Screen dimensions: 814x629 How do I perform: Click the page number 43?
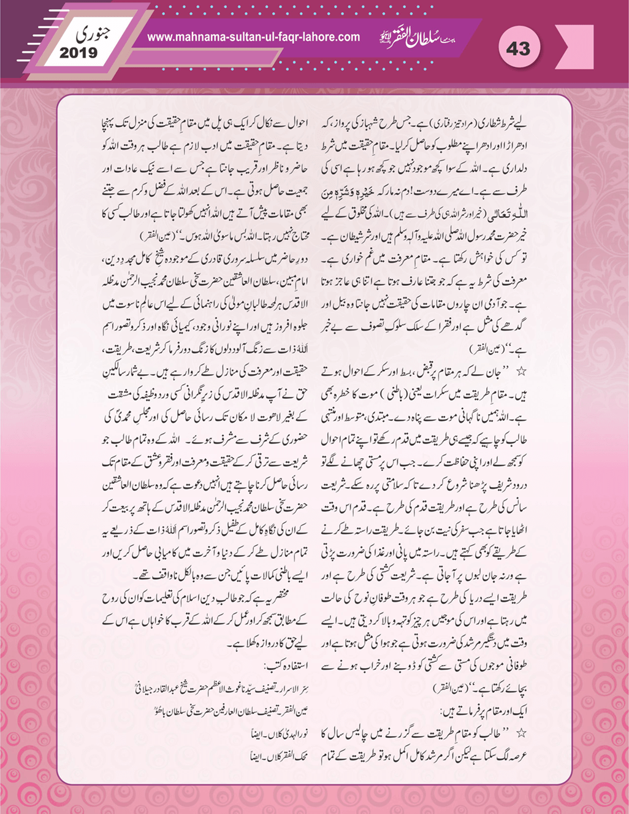pyautogui.click(x=518, y=48)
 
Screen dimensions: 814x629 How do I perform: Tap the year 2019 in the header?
pyautogui.click(x=78, y=53)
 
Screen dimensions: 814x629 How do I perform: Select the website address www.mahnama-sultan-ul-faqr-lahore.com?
pyautogui.click(x=253, y=37)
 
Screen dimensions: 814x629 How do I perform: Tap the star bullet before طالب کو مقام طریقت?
pyautogui.click(x=522, y=732)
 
